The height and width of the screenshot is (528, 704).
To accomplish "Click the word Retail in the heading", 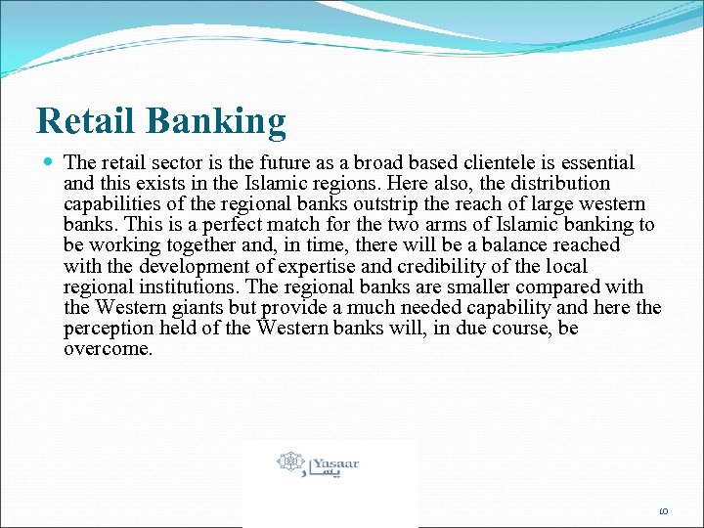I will point(87,121).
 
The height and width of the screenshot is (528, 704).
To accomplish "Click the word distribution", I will point(556,183).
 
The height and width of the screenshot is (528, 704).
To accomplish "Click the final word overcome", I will point(107,348).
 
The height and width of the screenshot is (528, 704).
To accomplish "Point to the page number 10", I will point(662,509).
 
